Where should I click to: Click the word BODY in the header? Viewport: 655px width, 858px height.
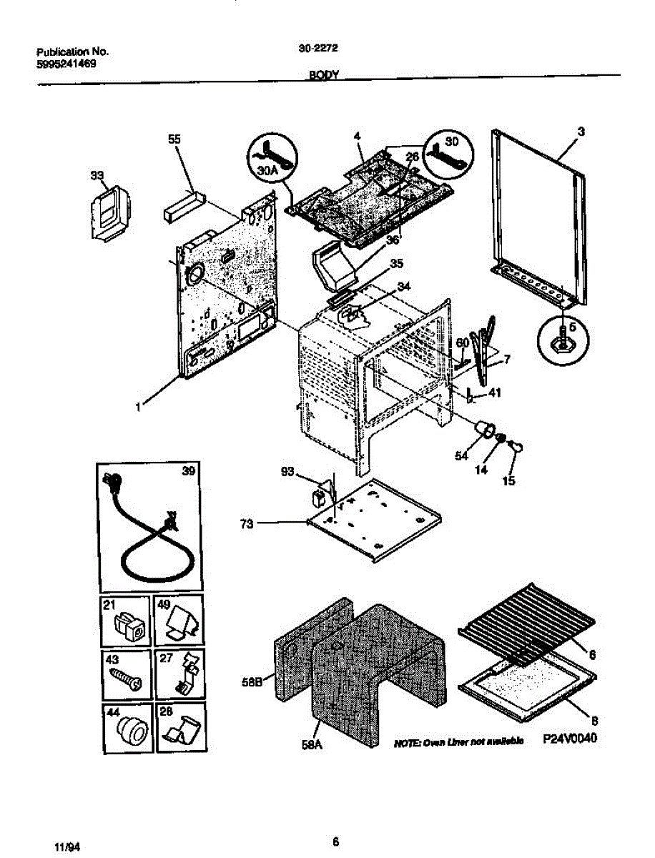[323, 74]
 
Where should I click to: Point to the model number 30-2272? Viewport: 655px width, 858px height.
[318, 49]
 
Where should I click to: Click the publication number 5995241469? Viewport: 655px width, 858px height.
[67, 63]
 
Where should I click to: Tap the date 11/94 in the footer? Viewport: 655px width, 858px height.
[67, 846]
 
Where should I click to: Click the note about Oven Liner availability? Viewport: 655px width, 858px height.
[458, 741]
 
